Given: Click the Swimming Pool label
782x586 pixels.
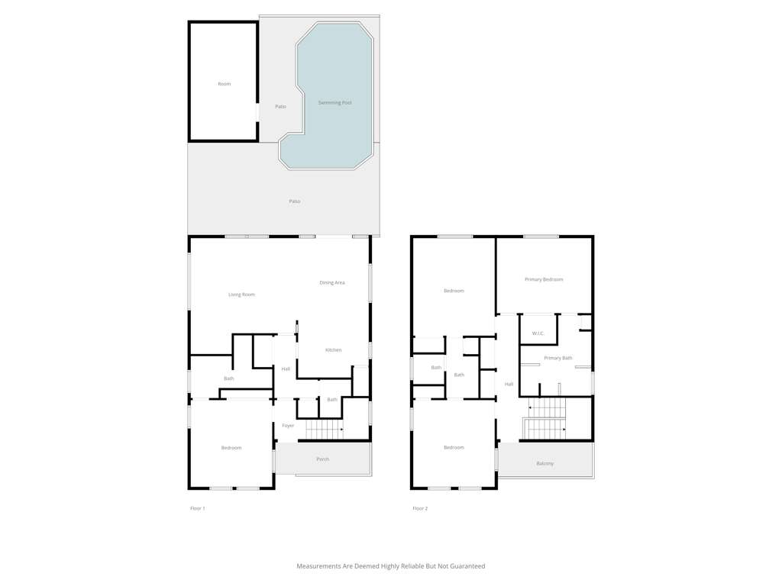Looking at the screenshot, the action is (x=335, y=103).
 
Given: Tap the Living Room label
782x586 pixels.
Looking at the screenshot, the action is (x=241, y=295).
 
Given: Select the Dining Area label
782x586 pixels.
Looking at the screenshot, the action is (x=332, y=282).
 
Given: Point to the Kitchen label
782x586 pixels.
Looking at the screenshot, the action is (x=334, y=349).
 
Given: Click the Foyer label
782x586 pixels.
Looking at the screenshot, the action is (x=288, y=426).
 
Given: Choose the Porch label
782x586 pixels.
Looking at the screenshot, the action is (x=323, y=459).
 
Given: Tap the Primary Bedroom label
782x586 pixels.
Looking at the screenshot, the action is (x=544, y=279).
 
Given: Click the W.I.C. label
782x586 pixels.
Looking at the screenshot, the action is (x=538, y=333).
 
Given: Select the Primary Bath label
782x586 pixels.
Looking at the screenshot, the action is (x=558, y=358).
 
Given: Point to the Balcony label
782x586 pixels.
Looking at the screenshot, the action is (x=545, y=463).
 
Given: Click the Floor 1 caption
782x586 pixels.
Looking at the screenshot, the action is (x=198, y=508).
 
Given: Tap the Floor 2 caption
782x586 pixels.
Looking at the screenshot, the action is (x=420, y=508).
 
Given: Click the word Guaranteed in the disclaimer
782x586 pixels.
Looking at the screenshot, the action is (x=468, y=566).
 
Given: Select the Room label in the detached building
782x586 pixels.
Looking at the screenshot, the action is (x=225, y=84).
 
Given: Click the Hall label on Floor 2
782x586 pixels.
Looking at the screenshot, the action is (x=509, y=385).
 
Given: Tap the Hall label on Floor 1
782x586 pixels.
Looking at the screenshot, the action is (x=286, y=369).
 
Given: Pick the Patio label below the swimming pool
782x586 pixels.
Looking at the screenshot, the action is (x=295, y=201).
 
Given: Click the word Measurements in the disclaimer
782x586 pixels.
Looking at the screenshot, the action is (x=318, y=566).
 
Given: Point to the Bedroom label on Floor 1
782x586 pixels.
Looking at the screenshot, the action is (x=231, y=448).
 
